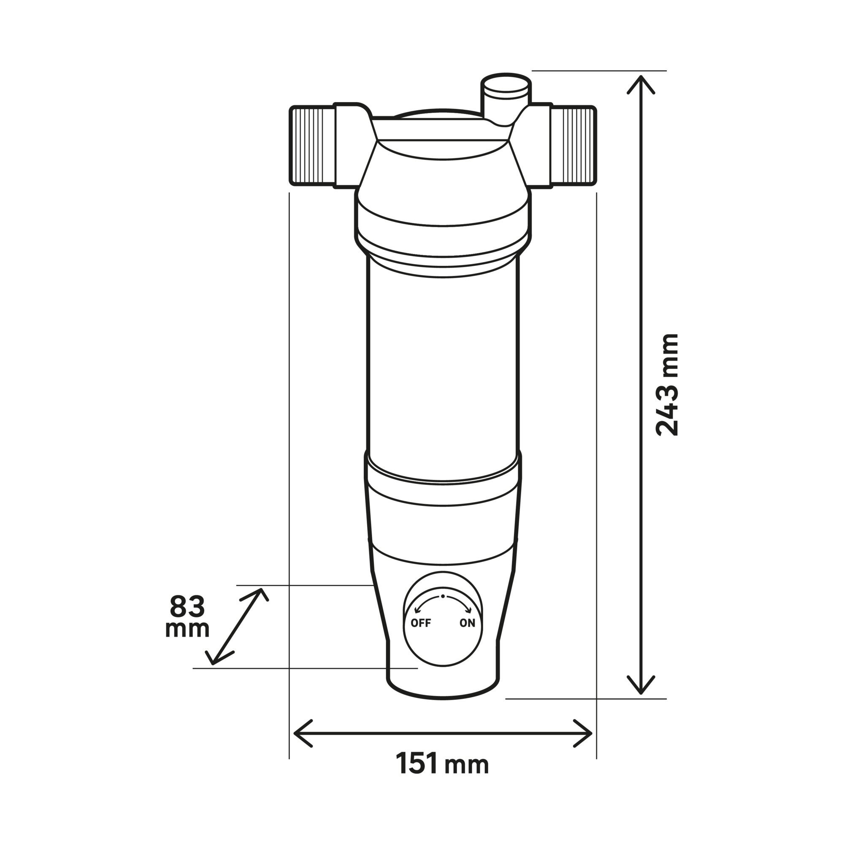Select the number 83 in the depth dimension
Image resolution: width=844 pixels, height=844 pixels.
click(187, 606)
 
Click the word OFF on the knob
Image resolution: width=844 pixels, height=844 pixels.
click(421, 623)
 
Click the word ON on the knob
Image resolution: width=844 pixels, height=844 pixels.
click(467, 623)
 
